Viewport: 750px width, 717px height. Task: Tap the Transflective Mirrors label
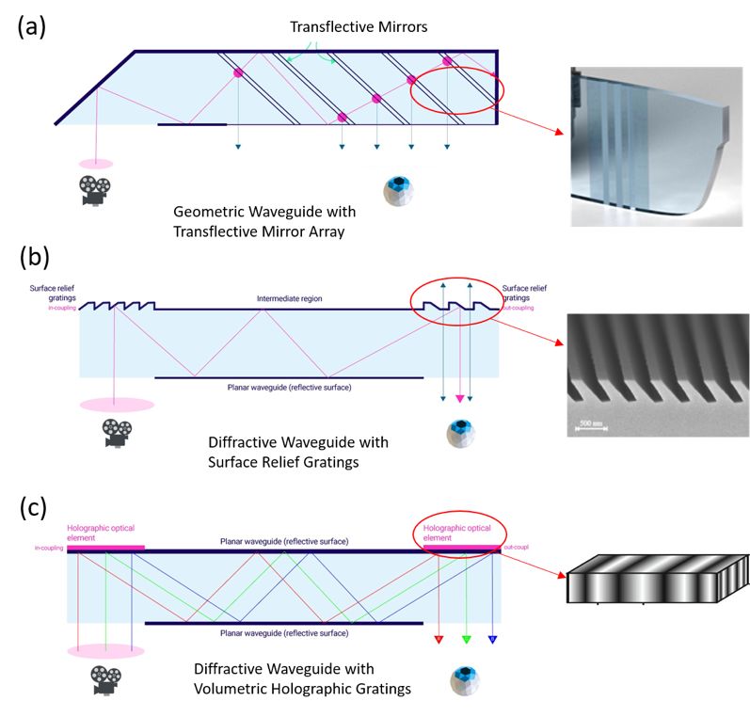pos(359,26)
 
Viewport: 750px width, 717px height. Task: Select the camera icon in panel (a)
pos(94,191)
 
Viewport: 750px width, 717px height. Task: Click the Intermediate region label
pos(290,299)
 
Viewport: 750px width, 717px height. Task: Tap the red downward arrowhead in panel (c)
pos(438,641)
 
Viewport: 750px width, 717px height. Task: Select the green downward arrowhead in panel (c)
pos(466,641)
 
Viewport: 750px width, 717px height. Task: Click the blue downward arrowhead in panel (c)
pos(492,641)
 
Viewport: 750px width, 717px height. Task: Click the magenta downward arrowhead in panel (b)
pos(459,399)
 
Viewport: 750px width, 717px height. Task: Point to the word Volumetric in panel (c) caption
pos(237,689)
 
